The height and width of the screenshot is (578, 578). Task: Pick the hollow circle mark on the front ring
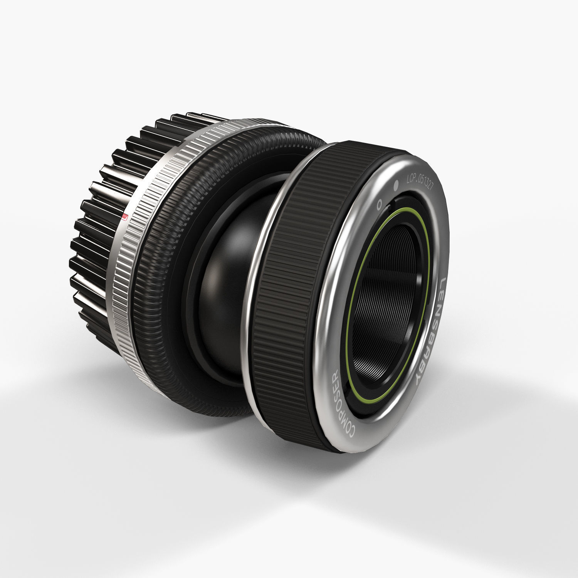[x=379, y=203]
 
